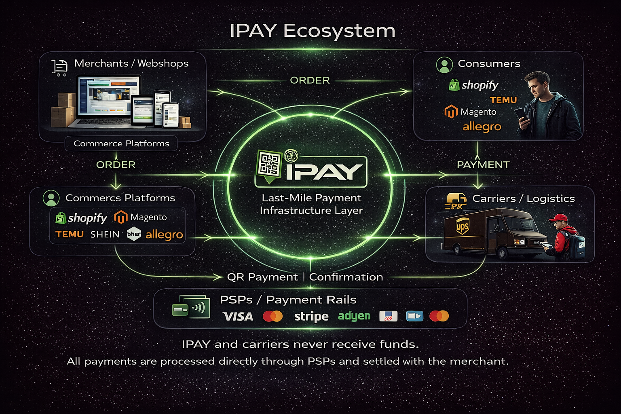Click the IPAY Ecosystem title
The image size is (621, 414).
(x=313, y=31)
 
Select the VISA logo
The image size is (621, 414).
(x=238, y=316)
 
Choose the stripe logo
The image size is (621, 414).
(x=311, y=316)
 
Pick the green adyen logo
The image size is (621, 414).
(x=354, y=316)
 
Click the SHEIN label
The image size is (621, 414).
(x=105, y=234)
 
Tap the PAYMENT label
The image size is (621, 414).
(x=483, y=165)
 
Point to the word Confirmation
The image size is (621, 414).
(x=346, y=277)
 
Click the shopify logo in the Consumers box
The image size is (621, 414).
(x=474, y=85)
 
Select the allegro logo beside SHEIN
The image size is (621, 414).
(x=164, y=234)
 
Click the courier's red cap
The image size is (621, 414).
(x=558, y=218)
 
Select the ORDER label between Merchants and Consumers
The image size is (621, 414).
(x=310, y=80)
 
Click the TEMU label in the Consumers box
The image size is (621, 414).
(x=503, y=100)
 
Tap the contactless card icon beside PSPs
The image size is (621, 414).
(x=192, y=307)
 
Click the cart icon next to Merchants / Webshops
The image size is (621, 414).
(x=59, y=67)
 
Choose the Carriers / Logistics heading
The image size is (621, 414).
(x=524, y=199)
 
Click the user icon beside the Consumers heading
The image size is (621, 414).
(x=444, y=65)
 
